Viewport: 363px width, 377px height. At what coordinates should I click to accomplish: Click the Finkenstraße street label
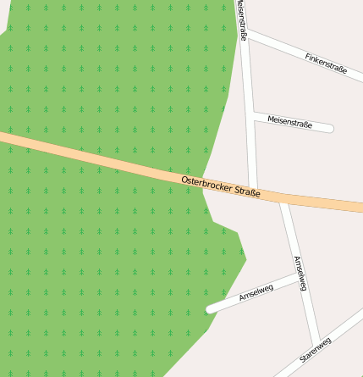(x=326, y=63)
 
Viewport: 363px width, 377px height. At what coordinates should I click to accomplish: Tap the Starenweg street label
(x=315, y=350)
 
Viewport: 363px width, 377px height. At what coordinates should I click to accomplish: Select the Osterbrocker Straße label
(x=220, y=186)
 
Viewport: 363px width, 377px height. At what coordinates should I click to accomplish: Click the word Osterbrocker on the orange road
(x=206, y=184)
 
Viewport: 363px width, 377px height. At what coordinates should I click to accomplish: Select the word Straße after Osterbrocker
(x=247, y=191)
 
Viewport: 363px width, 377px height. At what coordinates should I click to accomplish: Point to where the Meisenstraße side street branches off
(x=251, y=114)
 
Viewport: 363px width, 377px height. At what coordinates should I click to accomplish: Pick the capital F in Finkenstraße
(x=307, y=55)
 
